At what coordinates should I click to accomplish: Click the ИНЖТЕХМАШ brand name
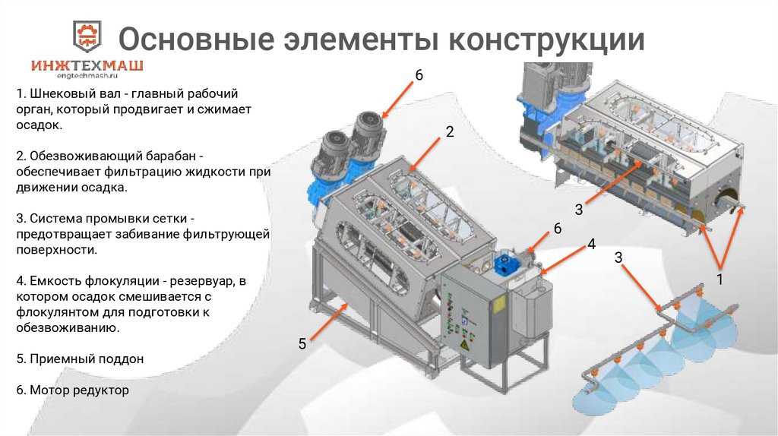pos(87,66)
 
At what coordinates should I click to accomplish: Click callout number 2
pos(450,131)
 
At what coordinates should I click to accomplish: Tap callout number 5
pos(302,343)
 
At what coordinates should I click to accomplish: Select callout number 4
pos(590,245)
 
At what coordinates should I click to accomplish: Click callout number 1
pos(719,280)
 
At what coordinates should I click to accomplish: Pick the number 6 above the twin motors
pos(419,74)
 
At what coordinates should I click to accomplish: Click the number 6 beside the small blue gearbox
pos(557,229)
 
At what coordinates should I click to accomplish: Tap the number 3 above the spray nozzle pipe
pos(618,258)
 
